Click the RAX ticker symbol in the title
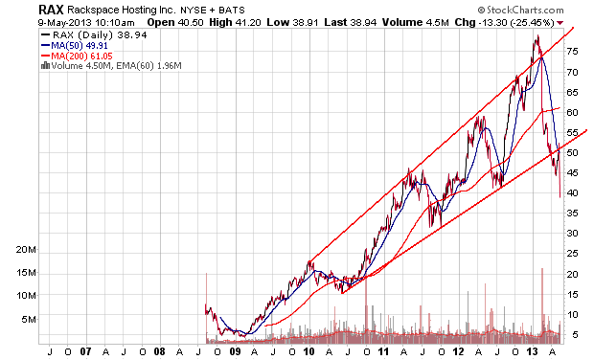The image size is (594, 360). pyautogui.click(x=52, y=10)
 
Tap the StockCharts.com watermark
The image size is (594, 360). pyautogui.click(x=520, y=10)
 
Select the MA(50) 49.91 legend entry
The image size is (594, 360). pyautogui.click(x=75, y=45)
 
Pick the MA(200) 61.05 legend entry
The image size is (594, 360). pyautogui.click(x=77, y=56)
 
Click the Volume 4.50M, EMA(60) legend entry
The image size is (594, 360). pyautogui.click(x=111, y=66)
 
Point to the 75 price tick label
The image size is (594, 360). pyautogui.click(x=572, y=52)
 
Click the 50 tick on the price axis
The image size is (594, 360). pyautogui.click(x=572, y=152)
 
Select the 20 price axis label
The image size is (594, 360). pyautogui.click(x=572, y=274)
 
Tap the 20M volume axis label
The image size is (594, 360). pyautogui.click(x=26, y=250)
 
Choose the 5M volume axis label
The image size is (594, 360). pyautogui.click(x=29, y=319)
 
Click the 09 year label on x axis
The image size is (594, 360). pyautogui.click(x=235, y=351)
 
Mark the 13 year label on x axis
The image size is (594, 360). pyautogui.click(x=533, y=351)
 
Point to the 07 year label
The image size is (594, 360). pyautogui.click(x=85, y=351)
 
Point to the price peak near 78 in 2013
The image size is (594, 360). pyautogui.click(x=537, y=36)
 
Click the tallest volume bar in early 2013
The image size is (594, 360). pyautogui.click(x=542, y=302)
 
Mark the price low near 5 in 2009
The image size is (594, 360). pyautogui.click(x=244, y=336)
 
